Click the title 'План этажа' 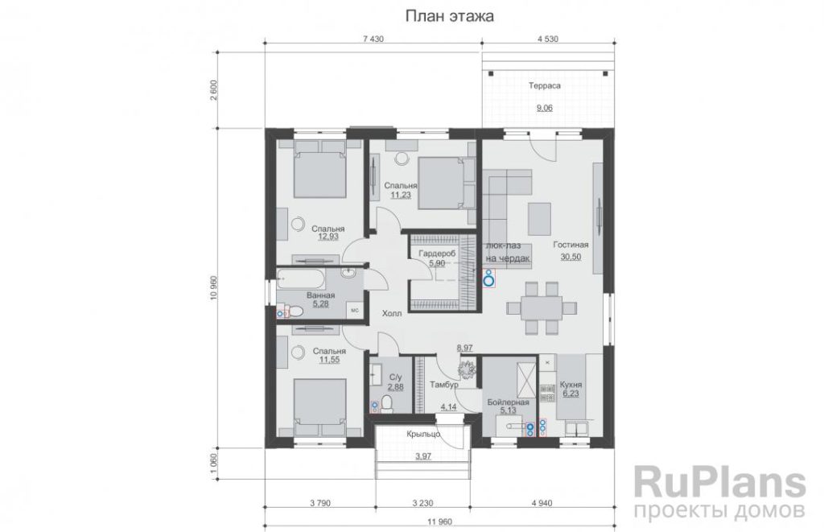[449, 16]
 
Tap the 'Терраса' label [545, 85]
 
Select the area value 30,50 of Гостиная [571, 257]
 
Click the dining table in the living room [542, 308]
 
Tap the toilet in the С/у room [387, 404]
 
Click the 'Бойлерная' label [508, 402]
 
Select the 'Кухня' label [571, 384]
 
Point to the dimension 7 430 [373, 39]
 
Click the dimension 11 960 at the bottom [440, 522]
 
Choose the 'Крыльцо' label [423, 435]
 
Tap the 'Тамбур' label [444, 385]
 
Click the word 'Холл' [392, 313]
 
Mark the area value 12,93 [328, 237]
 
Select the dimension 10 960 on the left [214, 287]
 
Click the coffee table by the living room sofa [540, 219]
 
